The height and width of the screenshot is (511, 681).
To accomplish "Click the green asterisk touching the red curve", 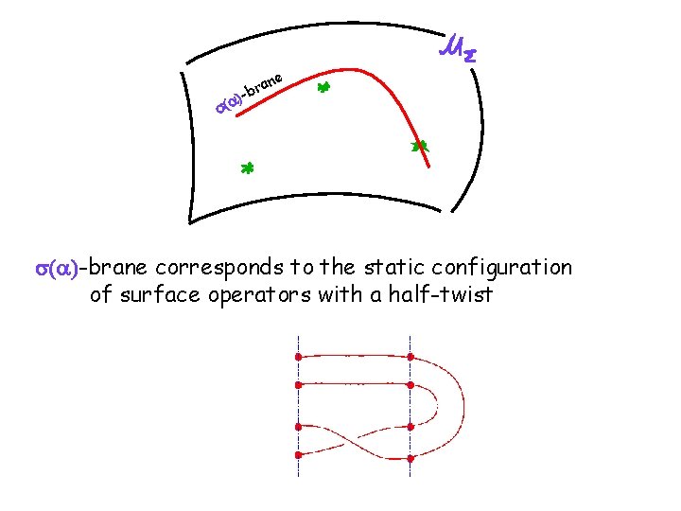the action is click(420, 147).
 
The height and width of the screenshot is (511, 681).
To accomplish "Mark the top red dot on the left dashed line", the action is click(298, 358).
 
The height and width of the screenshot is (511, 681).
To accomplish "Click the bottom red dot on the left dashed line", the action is click(298, 456).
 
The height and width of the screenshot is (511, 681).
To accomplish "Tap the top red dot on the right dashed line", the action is click(410, 358).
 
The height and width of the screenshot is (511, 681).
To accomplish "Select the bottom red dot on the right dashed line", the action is click(410, 458).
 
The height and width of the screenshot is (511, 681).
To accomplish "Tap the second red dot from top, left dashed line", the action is click(298, 385).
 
